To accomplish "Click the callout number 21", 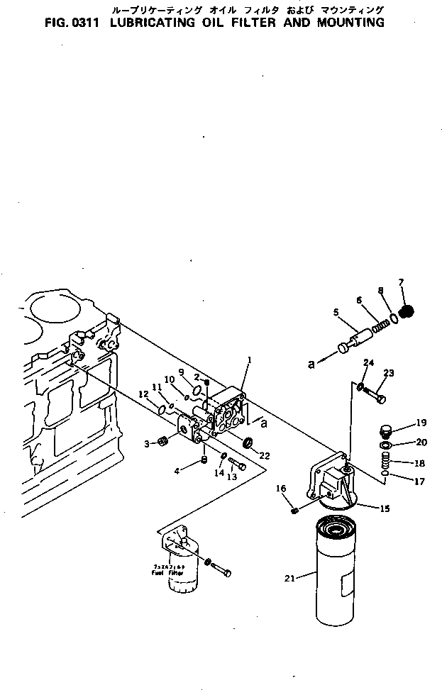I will click(289, 579).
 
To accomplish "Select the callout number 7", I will click(401, 282).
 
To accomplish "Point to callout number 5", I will click(336, 311).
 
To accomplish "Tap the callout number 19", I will click(421, 423).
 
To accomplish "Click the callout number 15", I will click(385, 508).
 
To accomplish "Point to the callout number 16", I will click(280, 488).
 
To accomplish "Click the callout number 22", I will click(265, 455).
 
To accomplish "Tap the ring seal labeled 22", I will click(248, 443).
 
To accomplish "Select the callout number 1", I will click(250, 360).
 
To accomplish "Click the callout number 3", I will click(147, 443).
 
